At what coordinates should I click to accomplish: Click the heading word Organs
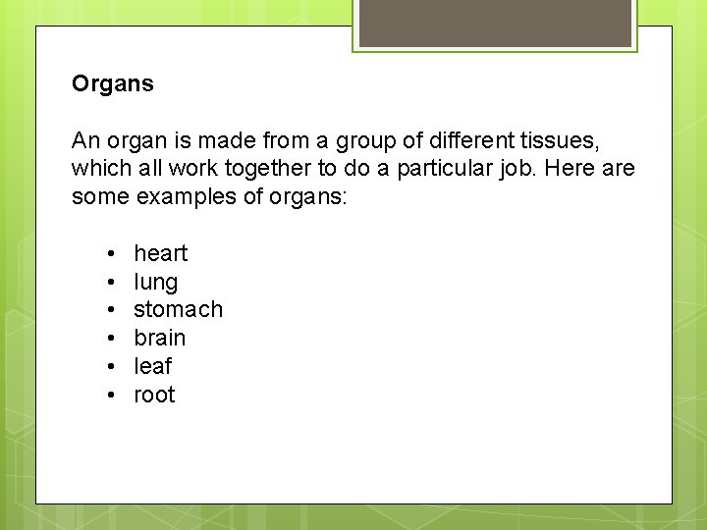point(113,84)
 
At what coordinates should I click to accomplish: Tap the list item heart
point(160,253)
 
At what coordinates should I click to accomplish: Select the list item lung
point(155,283)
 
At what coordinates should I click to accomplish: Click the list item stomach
point(178,309)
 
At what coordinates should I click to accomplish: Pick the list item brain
point(159,338)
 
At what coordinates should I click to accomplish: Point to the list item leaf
point(152,366)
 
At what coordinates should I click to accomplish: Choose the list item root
point(154,395)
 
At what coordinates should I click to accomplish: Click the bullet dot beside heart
point(114,254)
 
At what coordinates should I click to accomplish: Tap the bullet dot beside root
point(114,396)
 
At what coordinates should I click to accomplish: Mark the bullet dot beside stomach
point(114,310)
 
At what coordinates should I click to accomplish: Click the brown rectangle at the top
point(495,23)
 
